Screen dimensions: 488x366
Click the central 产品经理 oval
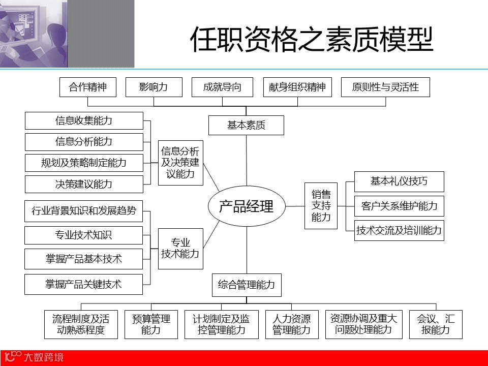pyautogui.click(x=247, y=206)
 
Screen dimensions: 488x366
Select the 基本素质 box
pyautogui.click(x=246, y=125)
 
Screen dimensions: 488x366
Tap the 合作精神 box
pyautogui.click(x=88, y=87)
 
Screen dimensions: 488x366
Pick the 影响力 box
pyautogui.click(x=154, y=87)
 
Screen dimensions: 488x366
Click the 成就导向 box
pyautogui.click(x=222, y=87)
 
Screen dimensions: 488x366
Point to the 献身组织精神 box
pyautogui.click(x=297, y=87)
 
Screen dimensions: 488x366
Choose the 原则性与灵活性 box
pyautogui.click(x=385, y=87)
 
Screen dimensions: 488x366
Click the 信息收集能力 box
pyautogui.click(x=84, y=121)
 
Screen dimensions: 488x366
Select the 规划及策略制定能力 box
pyautogui.click(x=84, y=163)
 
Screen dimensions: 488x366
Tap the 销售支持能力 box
pyautogui.click(x=321, y=205)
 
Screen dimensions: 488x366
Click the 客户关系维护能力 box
pyautogui.click(x=399, y=206)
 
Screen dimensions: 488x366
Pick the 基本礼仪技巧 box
pyautogui.click(x=399, y=181)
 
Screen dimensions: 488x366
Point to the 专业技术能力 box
pyautogui.click(x=180, y=249)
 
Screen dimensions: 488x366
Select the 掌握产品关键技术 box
pyautogui.click(x=84, y=284)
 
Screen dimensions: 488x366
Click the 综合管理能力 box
pyautogui.click(x=246, y=285)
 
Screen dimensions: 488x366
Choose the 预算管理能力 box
pyautogui.click(x=151, y=324)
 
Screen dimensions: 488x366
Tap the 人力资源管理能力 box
pyautogui.click(x=292, y=324)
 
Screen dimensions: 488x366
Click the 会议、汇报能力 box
pyautogui.click(x=436, y=324)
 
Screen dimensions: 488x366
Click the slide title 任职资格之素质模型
pyautogui.click(x=311, y=40)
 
